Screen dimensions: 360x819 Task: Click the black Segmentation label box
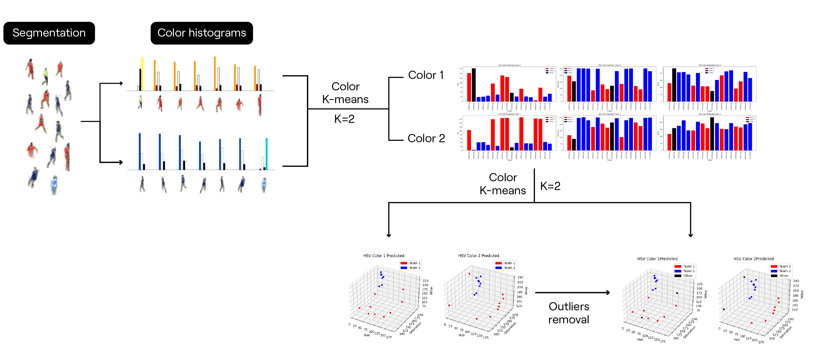[49, 33]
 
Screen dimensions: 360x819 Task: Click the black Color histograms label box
[202, 33]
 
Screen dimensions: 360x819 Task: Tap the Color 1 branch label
[425, 75]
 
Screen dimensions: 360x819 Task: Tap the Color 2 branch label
[426, 138]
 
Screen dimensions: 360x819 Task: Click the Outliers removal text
[569, 313]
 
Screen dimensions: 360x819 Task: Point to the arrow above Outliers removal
[572, 293]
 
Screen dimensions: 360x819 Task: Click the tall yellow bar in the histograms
[142, 74]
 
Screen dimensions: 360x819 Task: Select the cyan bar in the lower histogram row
[267, 154]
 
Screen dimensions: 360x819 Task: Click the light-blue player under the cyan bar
[264, 185]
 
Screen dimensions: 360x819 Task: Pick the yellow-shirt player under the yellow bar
[140, 102]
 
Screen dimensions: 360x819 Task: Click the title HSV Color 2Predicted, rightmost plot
[753, 259]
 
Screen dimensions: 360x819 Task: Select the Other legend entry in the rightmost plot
[783, 276]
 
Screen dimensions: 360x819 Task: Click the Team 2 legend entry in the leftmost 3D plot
[414, 268]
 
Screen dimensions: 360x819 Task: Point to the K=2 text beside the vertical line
[550, 186]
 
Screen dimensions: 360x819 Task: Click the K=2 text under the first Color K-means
[344, 119]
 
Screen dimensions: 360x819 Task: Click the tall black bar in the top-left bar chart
[474, 85]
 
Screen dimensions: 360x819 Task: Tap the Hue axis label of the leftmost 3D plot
[367, 335]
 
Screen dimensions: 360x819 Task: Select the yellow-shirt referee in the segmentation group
[46, 76]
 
